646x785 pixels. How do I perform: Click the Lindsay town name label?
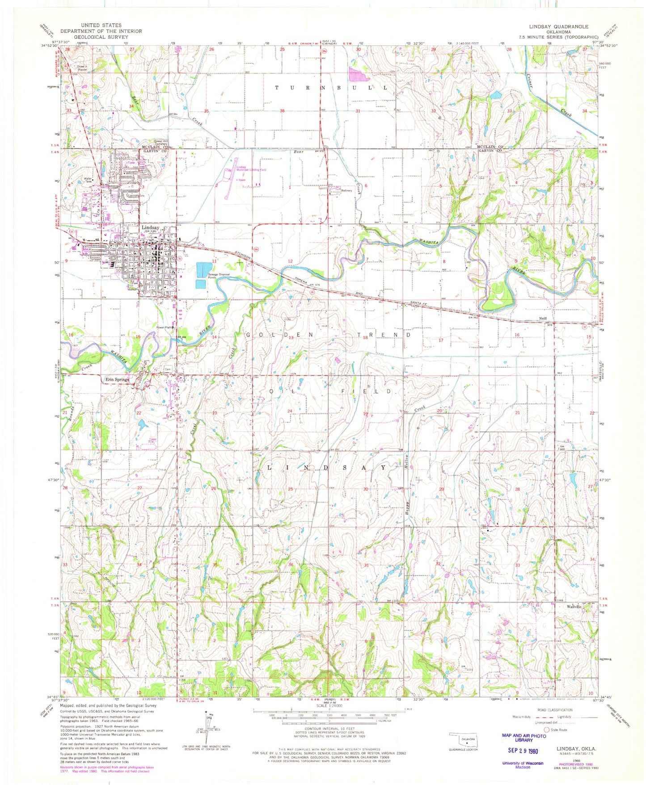[150, 227]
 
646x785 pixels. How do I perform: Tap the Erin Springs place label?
[117, 379]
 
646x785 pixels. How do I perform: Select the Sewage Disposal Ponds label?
[219, 276]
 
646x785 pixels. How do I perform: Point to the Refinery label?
[347, 190]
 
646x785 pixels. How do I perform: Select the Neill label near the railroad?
[543, 319]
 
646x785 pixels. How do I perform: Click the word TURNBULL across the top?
[331, 88]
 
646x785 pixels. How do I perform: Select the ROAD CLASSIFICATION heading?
[555, 710]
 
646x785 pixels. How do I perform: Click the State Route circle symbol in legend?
[546, 730]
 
